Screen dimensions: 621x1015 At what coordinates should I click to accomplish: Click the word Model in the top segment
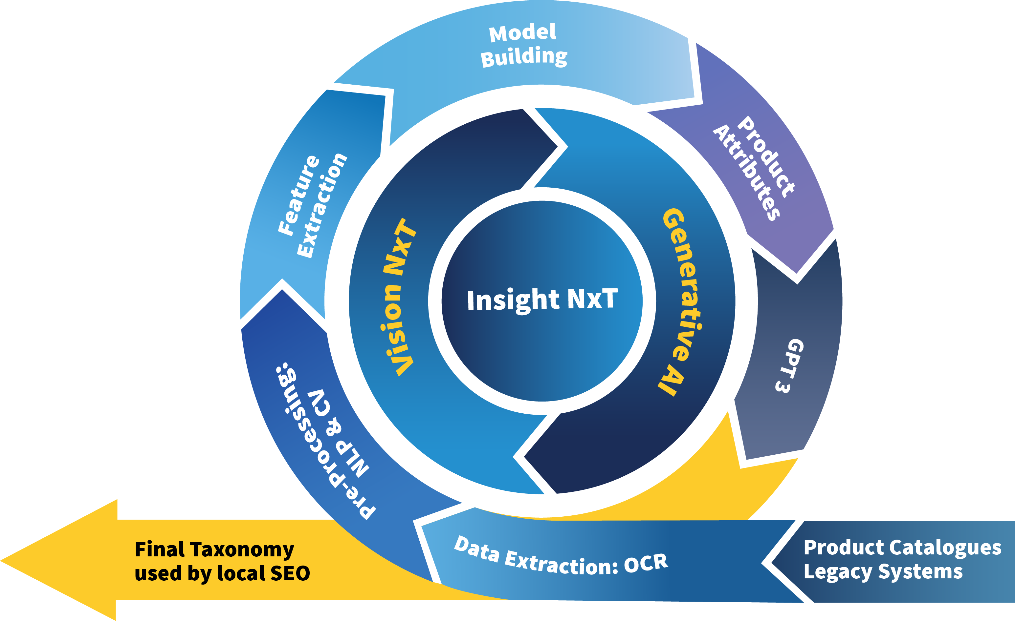pyautogui.click(x=522, y=33)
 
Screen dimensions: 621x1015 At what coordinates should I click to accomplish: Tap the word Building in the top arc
pyautogui.click(x=524, y=57)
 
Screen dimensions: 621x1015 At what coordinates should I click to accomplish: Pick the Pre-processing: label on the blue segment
pyautogui.click(x=325, y=440)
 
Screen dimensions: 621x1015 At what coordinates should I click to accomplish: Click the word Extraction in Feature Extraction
pyautogui.click(x=322, y=206)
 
